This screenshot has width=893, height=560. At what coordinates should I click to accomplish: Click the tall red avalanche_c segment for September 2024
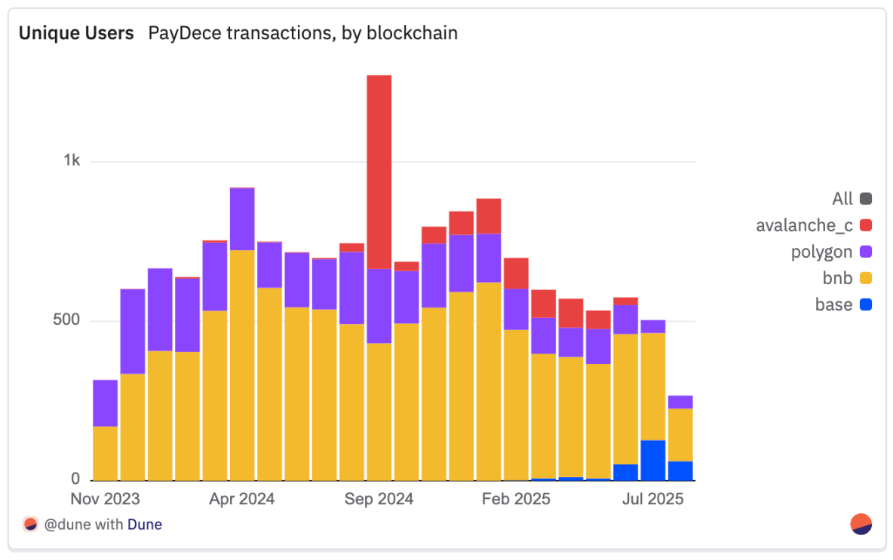click(379, 172)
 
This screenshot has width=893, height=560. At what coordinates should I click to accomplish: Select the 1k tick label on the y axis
click(72, 161)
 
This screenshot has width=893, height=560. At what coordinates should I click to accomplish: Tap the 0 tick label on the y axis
click(75, 479)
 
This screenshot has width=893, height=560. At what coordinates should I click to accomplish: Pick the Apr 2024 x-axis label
click(241, 499)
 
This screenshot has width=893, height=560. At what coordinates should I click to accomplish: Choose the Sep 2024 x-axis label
click(379, 499)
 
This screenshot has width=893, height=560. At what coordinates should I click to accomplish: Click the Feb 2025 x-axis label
click(516, 499)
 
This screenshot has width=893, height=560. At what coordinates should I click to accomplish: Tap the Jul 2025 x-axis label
click(653, 499)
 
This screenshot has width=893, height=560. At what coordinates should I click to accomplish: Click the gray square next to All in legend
click(865, 199)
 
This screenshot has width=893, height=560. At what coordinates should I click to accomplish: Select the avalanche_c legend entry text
click(804, 225)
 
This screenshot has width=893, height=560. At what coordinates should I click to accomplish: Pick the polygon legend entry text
click(821, 252)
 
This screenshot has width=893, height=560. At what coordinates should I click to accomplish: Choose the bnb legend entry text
click(837, 278)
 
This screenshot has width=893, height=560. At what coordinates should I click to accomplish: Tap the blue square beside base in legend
click(865, 304)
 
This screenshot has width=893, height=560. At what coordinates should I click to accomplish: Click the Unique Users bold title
click(76, 33)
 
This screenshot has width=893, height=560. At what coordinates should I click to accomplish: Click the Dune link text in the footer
click(144, 525)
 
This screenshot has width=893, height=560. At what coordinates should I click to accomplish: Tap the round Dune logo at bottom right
click(861, 524)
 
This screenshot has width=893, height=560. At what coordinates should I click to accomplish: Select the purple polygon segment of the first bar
click(105, 403)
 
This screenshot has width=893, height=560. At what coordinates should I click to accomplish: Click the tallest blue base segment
click(653, 461)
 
